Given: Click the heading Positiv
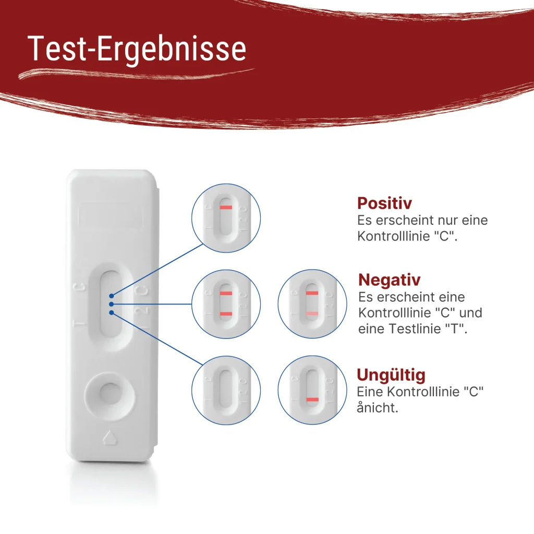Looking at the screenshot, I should pyautogui.click(x=384, y=203).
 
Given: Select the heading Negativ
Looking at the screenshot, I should pyautogui.click(x=389, y=280).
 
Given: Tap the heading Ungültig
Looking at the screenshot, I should pyautogui.click(x=391, y=375).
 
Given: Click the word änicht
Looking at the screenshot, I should pyautogui.click(x=377, y=407).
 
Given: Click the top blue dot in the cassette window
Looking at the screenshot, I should pyautogui.click(x=111, y=295).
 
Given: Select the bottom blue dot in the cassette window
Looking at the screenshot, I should pyautogui.click(x=111, y=312).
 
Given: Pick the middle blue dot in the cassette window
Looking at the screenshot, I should pyautogui.click(x=111, y=304).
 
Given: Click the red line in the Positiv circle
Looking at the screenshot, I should pyautogui.click(x=226, y=208).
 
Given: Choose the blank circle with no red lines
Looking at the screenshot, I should pyautogui.click(x=226, y=390).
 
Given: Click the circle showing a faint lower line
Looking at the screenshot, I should pyautogui.click(x=311, y=304).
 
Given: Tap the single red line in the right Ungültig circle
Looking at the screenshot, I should pyautogui.click(x=312, y=399).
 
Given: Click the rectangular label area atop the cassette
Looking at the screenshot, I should pyautogui.click(x=111, y=215).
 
